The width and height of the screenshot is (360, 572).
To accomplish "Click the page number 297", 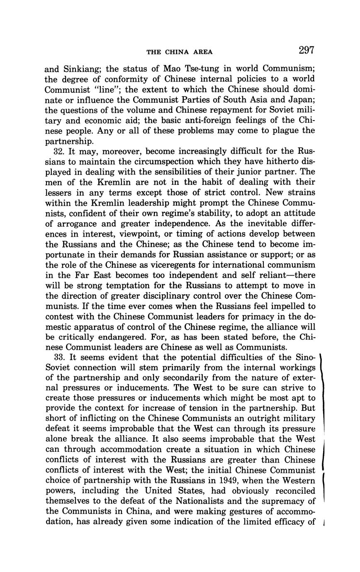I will (x=306, y=51).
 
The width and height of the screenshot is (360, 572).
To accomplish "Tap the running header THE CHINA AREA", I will (x=180, y=52).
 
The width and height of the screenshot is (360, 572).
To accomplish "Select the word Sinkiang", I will (x=83, y=68).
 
